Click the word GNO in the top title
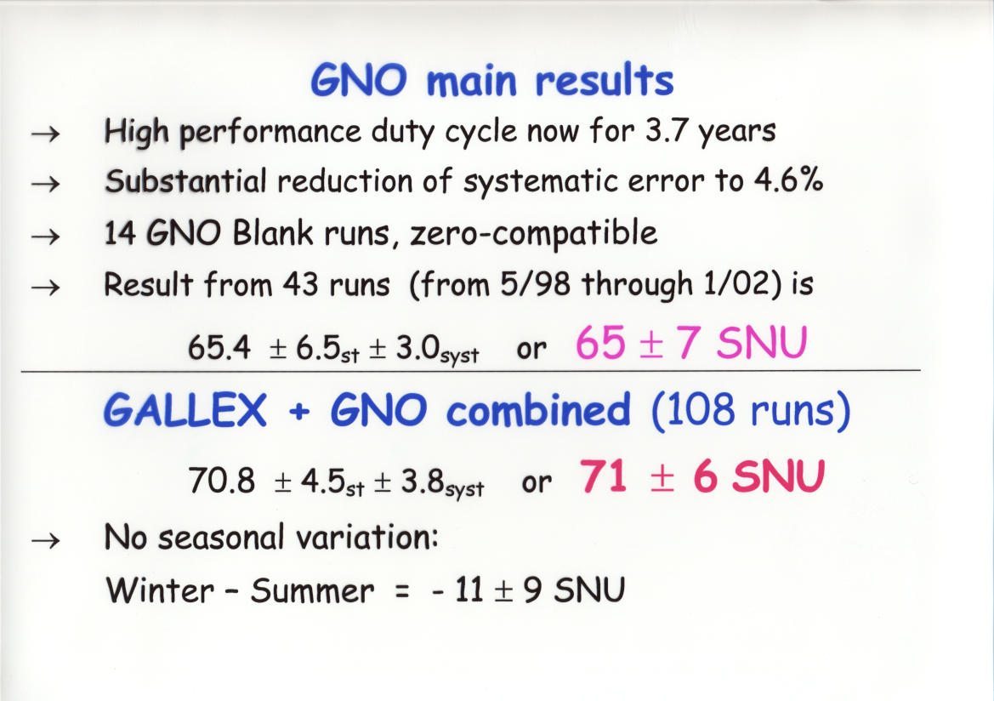358,82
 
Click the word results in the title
604,81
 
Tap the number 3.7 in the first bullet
667,131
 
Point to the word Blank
272,233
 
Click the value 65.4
219,348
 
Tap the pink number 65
600,343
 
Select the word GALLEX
185,410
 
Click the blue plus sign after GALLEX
299,413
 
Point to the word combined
538,410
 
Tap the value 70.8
221,480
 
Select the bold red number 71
603,476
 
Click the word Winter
160,590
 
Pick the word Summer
312,590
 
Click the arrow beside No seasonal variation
46,540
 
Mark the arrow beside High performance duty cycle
46,134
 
